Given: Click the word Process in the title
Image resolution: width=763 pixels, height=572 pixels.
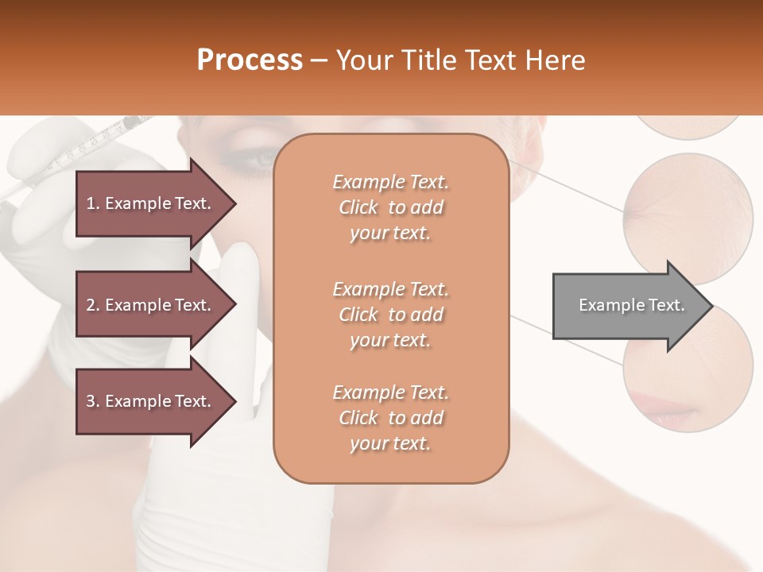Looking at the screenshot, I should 250,60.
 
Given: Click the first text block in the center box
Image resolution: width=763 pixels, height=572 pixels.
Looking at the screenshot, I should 390,207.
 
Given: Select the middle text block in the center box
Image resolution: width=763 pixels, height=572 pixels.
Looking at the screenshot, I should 390,315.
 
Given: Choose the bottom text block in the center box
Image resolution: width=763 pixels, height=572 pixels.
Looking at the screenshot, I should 390,418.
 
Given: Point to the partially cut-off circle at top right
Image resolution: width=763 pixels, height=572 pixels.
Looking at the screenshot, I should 688,126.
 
